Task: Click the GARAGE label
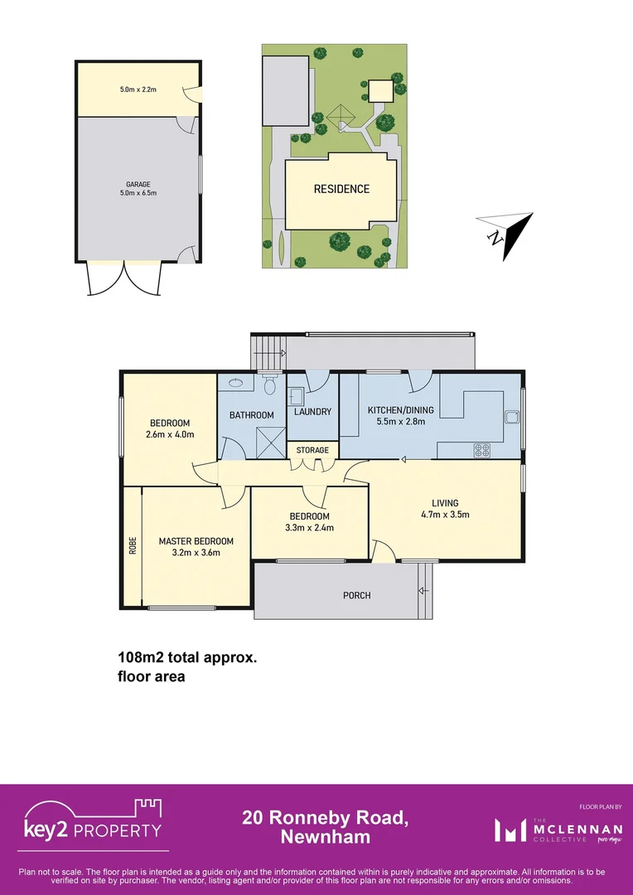point(138,185)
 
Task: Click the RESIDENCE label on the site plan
point(341,189)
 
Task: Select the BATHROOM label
point(252,414)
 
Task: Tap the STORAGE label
point(313,450)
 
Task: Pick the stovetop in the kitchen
point(481,451)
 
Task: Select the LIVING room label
point(445,502)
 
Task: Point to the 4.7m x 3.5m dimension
point(445,514)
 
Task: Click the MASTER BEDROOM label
point(196,541)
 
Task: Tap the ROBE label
point(133,546)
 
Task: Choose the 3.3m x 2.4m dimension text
point(309,527)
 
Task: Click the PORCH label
point(357,595)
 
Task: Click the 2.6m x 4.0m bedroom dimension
point(169,434)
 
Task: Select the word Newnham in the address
point(326,837)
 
